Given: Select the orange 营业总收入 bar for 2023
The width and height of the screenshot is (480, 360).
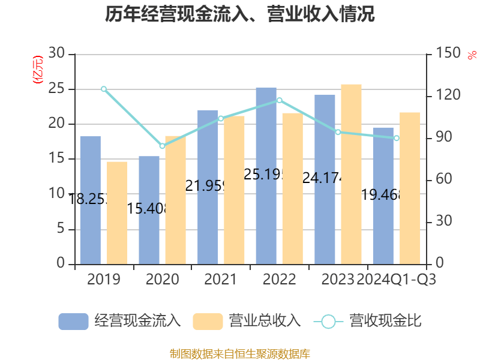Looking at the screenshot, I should pyautogui.click(x=351, y=174).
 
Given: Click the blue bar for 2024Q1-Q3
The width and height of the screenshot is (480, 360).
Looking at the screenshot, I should pyautogui.click(x=383, y=196).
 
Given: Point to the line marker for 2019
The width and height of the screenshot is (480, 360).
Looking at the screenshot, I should pyautogui.click(x=104, y=89).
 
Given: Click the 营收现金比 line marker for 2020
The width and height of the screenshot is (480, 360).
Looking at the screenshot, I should pyautogui.click(x=162, y=146).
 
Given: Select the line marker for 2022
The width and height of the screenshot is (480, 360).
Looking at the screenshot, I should pyautogui.click(x=279, y=100).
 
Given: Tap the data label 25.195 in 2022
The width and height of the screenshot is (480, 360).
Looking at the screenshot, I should pyautogui.click(x=266, y=175).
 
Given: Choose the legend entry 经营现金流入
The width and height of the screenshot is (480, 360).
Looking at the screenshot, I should pyautogui.click(x=119, y=321).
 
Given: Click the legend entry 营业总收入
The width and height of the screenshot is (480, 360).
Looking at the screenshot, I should pyautogui.click(x=247, y=321).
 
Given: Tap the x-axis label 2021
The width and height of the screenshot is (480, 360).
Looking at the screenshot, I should pyautogui.click(x=220, y=280).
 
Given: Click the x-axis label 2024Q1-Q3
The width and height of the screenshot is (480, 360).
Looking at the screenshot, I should pyautogui.click(x=396, y=280).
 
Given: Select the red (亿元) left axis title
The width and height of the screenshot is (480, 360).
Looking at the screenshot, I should pyautogui.click(x=37, y=69).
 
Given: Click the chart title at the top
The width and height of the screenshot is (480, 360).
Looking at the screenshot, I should pyautogui.click(x=240, y=14).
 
